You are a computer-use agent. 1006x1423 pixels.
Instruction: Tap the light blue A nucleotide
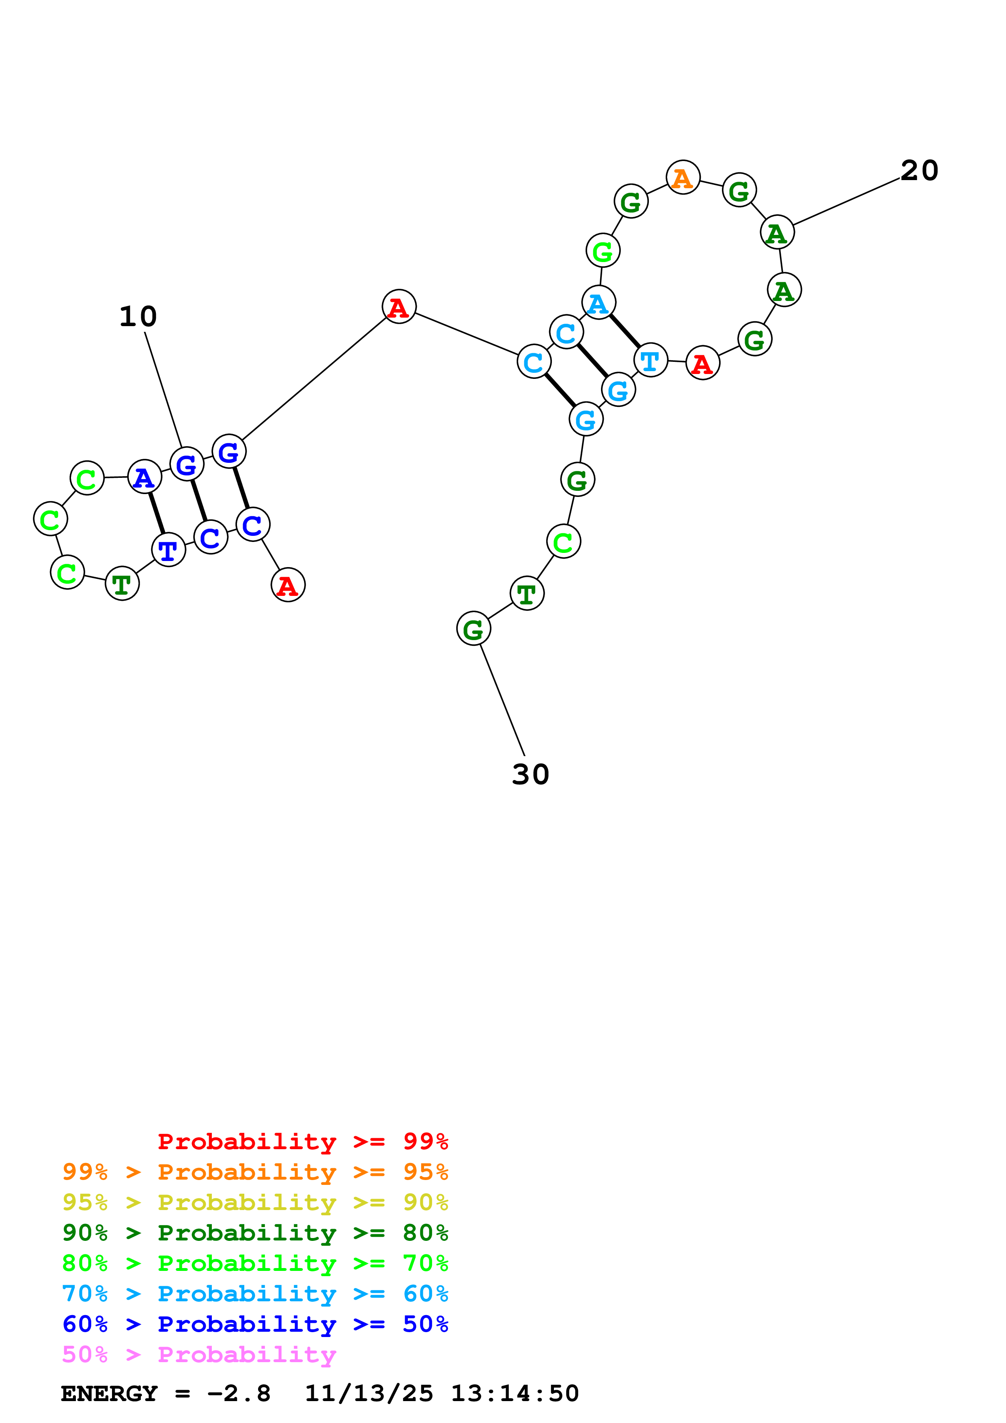pos(598,303)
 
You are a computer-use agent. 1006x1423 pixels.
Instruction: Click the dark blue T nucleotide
pos(168,549)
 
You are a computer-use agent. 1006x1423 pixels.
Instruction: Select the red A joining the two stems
pos(399,306)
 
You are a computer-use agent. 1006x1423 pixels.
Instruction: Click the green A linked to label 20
pos(777,232)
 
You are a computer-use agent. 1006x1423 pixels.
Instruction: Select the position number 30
pos(530,774)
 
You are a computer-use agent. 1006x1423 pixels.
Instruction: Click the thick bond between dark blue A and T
pos(156,513)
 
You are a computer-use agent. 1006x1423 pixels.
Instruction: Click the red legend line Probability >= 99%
pos(302,1141)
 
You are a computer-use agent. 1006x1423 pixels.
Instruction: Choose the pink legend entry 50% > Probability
pos(199,1354)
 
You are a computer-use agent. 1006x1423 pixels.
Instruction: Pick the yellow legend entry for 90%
pos(255,1202)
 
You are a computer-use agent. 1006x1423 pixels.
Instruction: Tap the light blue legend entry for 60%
pos(255,1294)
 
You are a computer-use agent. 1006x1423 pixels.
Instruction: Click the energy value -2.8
pos(239,1393)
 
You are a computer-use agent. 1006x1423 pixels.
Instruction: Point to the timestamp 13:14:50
pos(515,1393)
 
